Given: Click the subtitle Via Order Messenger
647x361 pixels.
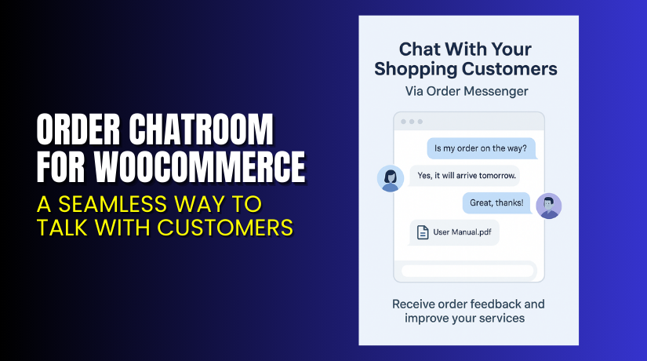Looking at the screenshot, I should (x=467, y=91).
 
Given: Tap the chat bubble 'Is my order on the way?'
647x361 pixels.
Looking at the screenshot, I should (x=481, y=147).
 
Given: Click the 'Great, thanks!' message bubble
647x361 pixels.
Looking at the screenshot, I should (x=496, y=203).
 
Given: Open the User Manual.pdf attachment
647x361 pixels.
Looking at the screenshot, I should (x=455, y=232).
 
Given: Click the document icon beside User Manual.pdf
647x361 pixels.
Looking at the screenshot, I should (x=422, y=232).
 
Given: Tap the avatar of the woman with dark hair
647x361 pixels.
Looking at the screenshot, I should (x=391, y=178).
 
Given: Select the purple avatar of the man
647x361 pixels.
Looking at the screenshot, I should (x=549, y=206).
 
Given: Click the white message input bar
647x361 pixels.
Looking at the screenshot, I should (x=468, y=271).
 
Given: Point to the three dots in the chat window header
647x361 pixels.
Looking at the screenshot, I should (x=410, y=122).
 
